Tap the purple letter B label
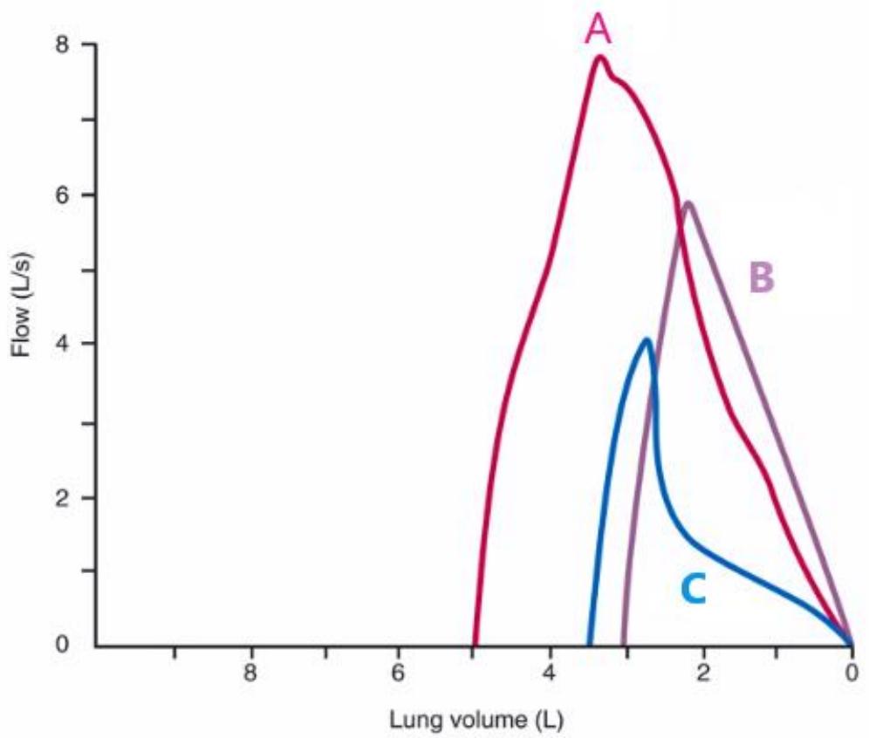click(x=762, y=277)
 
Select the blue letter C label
click(x=694, y=589)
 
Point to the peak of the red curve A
click(x=600, y=57)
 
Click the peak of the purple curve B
click(x=688, y=202)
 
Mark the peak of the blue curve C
click(x=647, y=339)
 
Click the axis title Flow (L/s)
click(x=22, y=304)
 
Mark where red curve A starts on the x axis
click(x=475, y=645)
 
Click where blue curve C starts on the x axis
click(x=590, y=645)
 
